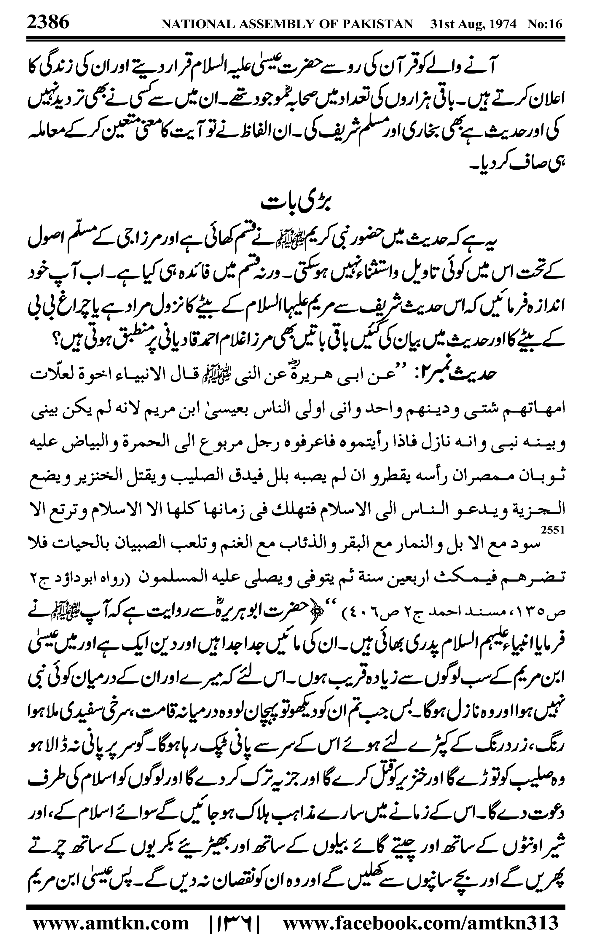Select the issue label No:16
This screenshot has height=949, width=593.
pyautogui.click(x=545, y=24)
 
